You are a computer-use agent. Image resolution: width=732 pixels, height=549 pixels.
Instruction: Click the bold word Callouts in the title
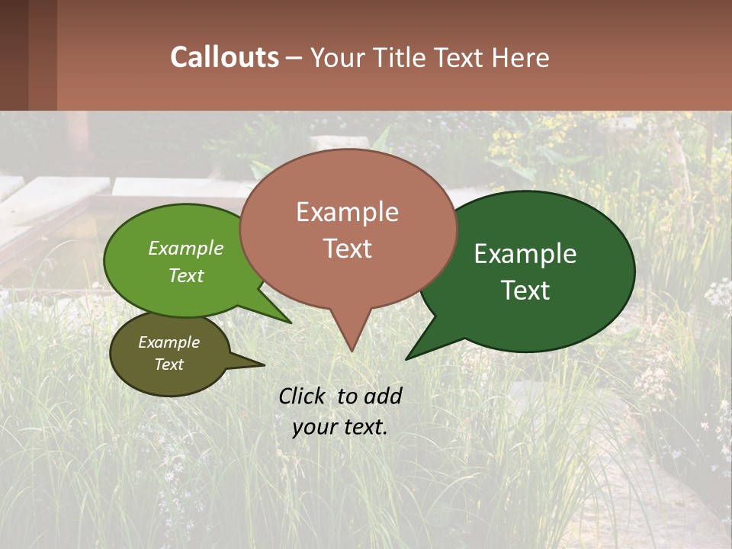(x=224, y=57)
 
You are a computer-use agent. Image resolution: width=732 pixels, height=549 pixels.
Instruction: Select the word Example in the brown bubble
(x=347, y=212)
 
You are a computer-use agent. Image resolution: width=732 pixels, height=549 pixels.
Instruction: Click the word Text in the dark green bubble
(x=526, y=291)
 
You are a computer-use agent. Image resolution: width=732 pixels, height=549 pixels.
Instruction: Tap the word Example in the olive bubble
(x=169, y=342)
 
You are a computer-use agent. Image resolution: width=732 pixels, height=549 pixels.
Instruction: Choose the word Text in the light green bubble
(x=186, y=275)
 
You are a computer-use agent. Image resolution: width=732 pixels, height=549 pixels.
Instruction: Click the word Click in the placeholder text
(x=303, y=396)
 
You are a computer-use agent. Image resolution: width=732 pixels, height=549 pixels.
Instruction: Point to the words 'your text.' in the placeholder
(x=339, y=427)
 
